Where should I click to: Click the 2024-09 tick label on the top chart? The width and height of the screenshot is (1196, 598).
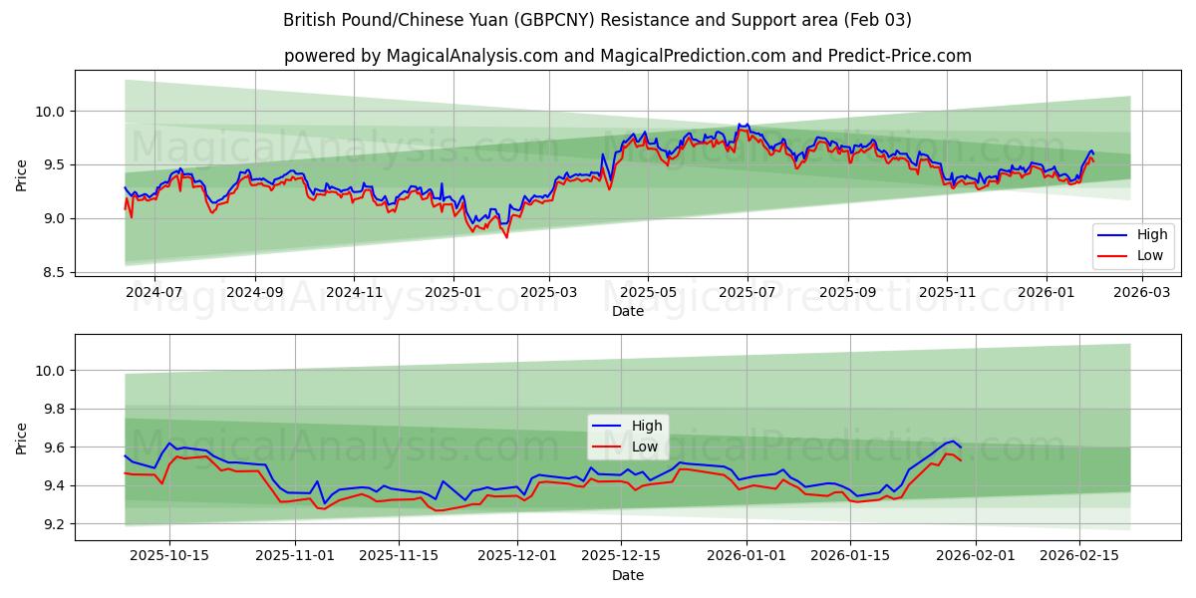[x=254, y=292]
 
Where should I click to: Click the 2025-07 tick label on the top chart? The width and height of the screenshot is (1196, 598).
[x=747, y=292]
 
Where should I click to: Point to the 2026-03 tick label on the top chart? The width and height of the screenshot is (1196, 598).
[x=1141, y=292]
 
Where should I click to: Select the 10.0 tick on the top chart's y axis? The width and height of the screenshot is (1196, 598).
[x=50, y=112]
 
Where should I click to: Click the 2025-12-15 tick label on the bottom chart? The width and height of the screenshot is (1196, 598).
[x=621, y=556]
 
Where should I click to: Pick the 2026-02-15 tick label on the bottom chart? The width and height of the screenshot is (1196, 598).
[x=1078, y=556]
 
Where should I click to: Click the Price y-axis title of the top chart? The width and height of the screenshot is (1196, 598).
[x=22, y=175]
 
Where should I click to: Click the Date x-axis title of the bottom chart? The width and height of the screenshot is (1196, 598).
[x=628, y=575]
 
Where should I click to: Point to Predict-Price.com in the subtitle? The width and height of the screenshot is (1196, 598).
[x=899, y=56]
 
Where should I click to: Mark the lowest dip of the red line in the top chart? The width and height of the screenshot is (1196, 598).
[x=506, y=237]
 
